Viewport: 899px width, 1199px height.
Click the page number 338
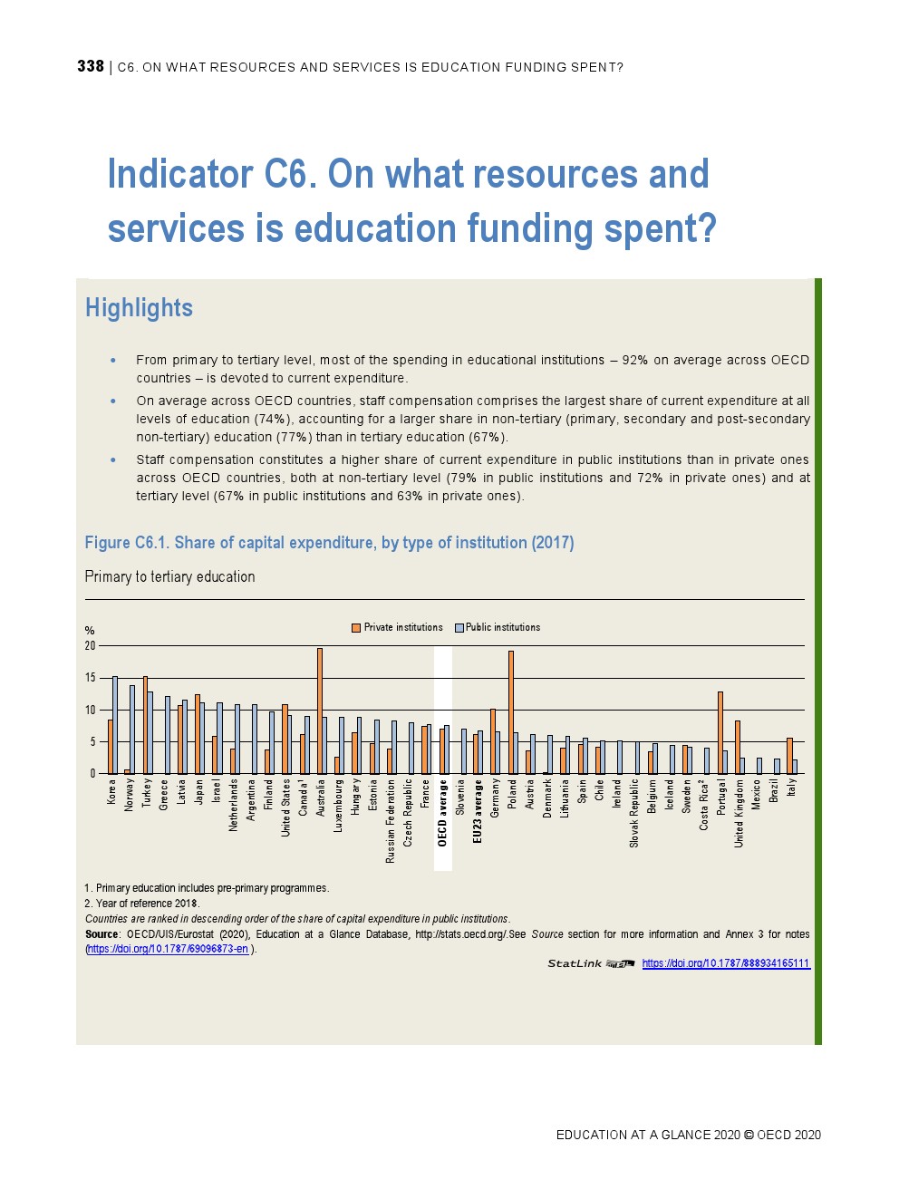pyautogui.click(x=90, y=66)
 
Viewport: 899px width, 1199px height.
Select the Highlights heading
pyautogui.click(x=139, y=308)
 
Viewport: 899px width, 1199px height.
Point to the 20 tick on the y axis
pyautogui.click(x=91, y=646)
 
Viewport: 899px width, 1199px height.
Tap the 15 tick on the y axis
pyautogui.click(x=91, y=678)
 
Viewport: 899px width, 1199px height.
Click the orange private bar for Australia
pyautogui.click(x=320, y=711)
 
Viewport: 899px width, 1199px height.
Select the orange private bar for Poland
pyautogui.click(x=511, y=712)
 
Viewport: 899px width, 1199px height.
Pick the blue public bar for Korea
pyautogui.click(x=115, y=725)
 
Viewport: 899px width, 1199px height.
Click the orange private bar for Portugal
pyautogui.click(x=720, y=732)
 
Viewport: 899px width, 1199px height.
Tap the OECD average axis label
pyautogui.click(x=443, y=813)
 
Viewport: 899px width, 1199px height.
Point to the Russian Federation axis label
pyautogui.click(x=390, y=820)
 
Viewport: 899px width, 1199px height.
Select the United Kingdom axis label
pyautogui.click(x=739, y=814)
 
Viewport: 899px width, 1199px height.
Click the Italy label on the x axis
pyautogui.click(x=791, y=787)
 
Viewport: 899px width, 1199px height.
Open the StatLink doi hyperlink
pyautogui.click(x=725, y=963)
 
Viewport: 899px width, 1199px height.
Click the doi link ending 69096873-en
pyautogui.click(x=168, y=949)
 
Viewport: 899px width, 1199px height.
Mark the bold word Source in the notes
pyautogui.click(x=101, y=934)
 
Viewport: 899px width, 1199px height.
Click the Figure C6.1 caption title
pyautogui.click(x=329, y=543)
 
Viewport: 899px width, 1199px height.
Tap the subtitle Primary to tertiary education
pyautogui.click(x=169, y=576)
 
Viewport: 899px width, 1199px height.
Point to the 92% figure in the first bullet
pyautogui.click(x=634, y=360)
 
